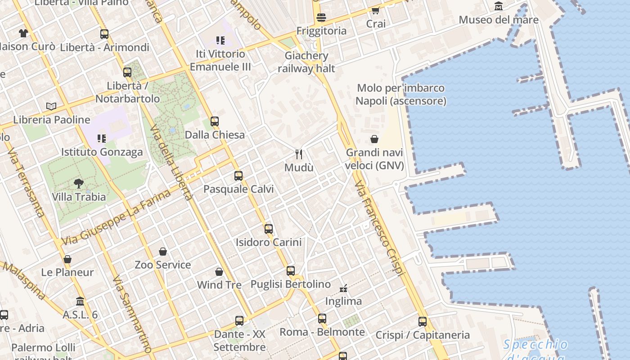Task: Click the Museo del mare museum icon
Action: [499, 6]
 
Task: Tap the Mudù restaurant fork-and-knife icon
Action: [299, 154]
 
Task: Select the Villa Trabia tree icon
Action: [79, 184]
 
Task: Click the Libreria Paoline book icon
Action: [52, 107]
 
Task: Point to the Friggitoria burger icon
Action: [321, 18]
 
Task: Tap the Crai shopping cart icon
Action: [375, 10]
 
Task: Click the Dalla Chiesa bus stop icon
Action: [215, 121]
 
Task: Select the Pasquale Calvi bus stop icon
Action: [238, 176]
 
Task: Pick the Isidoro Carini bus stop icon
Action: [269, 229]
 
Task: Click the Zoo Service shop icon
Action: [163, 252]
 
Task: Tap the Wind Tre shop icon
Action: [219, 272]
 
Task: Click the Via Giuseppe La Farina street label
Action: [116, 218]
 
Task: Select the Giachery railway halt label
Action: [306, 62]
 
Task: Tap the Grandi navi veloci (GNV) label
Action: [374, 159]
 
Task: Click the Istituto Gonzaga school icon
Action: [102, 139]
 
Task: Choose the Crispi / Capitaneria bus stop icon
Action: [422, 322]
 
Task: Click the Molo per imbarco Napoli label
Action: [400, 94]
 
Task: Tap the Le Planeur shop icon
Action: [67, 259]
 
